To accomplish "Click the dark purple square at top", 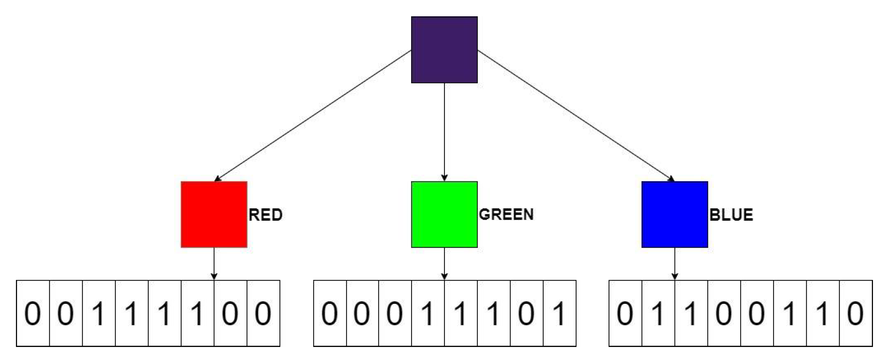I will (444, 50).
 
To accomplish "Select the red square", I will (214, 214).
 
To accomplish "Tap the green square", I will (444, 214).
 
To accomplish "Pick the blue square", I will (674, 214).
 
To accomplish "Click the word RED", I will (265, 215).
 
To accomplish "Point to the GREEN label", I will (506, 214).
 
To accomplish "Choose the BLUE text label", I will (731, 215).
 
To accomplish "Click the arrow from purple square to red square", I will (312, 116).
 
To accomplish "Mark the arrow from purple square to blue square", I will (576, 116).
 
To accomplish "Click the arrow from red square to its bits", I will (214, 264).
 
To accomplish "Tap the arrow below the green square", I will (444, 264).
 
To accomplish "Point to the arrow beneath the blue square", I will (674, 264).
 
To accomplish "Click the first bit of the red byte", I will (33, 313).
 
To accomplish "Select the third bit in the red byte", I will (99, 313).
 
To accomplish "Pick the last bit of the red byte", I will (263, 313).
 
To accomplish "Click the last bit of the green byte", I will (559, 313).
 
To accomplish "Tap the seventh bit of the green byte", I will (526, 313).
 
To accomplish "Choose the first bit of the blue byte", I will (625, 313).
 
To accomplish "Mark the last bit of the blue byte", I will (856, 313).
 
